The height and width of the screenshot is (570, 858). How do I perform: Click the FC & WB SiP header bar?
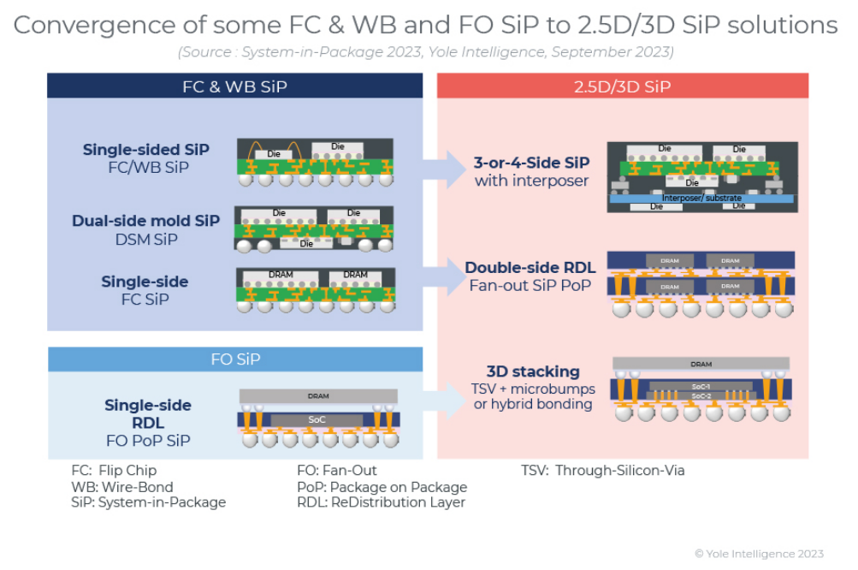234,86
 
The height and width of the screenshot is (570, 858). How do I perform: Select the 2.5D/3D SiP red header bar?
622,86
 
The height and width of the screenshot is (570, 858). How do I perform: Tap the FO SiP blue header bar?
234,359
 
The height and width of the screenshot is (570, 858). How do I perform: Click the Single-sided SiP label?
146,150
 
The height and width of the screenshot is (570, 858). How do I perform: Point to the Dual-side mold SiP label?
146,221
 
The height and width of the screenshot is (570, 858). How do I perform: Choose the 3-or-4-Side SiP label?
531,163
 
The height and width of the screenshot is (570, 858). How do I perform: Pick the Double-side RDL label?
530,268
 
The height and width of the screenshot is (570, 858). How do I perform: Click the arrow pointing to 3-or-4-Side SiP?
446,169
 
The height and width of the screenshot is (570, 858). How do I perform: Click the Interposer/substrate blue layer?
702,198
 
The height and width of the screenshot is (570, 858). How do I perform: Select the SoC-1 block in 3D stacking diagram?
701,386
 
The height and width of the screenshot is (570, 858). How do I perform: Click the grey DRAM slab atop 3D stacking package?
701,364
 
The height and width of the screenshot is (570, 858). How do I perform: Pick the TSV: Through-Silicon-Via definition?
603,470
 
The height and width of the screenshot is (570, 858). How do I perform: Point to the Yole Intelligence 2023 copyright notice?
759,554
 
